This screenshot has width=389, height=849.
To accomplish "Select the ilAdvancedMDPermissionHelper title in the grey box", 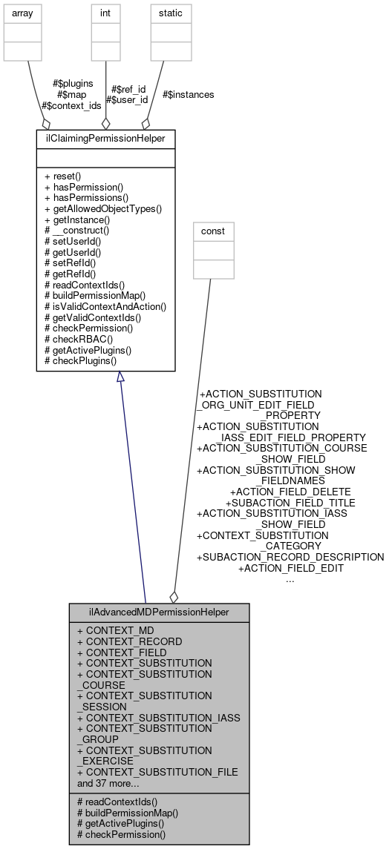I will (x=159, y=612).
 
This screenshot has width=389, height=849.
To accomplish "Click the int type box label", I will (x=105, y=13).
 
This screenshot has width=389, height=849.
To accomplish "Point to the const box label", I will (x=213, y=231).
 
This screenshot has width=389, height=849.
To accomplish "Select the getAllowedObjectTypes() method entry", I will (x=103, y=209).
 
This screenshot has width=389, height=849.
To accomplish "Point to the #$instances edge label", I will (x=188, y=95).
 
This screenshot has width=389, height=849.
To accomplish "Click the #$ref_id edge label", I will (x=128, y=89).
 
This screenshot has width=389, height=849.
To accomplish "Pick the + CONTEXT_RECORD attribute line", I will (x=124, y=641).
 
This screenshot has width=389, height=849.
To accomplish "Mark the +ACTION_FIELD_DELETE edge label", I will (x=290, y=492).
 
